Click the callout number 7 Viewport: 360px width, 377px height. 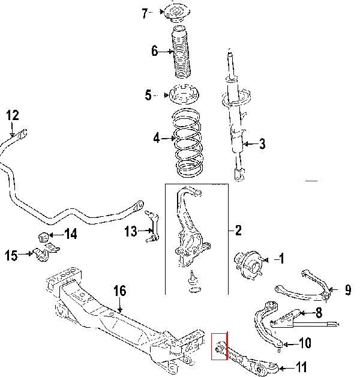coord(144,14)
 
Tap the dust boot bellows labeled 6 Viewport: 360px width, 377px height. coord(181,53)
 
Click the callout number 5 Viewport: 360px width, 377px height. coord(148,95)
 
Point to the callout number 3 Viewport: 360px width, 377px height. coord(262,143)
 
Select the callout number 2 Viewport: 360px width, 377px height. coord(238,231)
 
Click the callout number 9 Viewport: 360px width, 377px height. coord(348,291)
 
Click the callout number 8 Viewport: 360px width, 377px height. coord(318,313)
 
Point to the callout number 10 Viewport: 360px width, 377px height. coord(305,344)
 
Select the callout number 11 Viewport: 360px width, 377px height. coord(302,367)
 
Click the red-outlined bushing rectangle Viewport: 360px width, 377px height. coord(220,346)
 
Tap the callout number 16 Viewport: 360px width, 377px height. coord(119,291)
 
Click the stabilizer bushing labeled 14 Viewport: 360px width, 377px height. coord(44,234)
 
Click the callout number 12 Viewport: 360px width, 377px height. coord(13,115)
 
